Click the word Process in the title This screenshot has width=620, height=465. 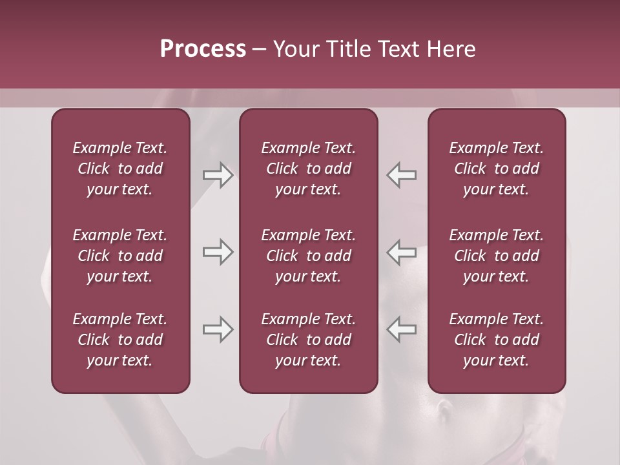point(203,49)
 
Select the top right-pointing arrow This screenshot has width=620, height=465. point(218,175)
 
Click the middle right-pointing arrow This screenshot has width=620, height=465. point(218,252)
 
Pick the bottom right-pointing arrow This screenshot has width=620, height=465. point(218,329)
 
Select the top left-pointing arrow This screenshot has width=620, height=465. point(401,175)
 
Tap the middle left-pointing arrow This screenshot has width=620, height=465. point(401,252)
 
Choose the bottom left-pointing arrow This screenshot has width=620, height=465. point(401,329)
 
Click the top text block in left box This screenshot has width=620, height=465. point(120,169)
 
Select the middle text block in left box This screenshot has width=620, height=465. point(120,256)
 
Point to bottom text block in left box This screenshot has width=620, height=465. point(120,340)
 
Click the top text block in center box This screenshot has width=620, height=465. point(308,169)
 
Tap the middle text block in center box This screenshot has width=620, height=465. point(308,256)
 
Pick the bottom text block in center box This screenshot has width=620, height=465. point(308,340)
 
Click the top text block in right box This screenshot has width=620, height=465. point(496,169)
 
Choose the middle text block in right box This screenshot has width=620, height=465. point(496,256)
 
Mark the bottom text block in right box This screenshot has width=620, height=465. point(496,340)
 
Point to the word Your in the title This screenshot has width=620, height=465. point(295,49)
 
